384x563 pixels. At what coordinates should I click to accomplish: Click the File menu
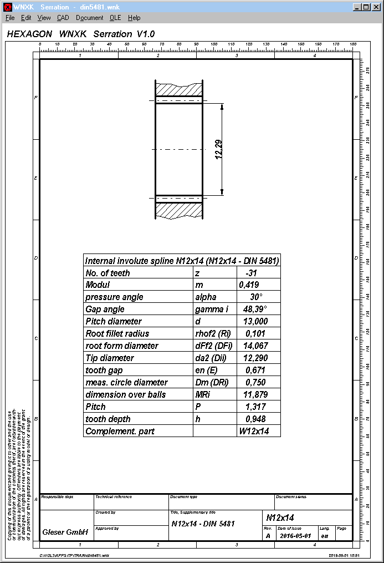(10, 18)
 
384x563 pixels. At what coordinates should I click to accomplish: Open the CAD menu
(63, 18)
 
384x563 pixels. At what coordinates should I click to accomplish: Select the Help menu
(134, 18)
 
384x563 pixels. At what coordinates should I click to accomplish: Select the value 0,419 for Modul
(249, 285)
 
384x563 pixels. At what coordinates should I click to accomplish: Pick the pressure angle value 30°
(256, 297)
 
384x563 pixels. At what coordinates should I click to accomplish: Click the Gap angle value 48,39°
(255, 310)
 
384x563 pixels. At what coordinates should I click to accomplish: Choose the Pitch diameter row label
(114, 322)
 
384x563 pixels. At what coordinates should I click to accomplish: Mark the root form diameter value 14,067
(255, 346)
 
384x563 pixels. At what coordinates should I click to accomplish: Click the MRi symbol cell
(204, 395)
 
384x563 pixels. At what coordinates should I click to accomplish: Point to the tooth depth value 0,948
(255, 419)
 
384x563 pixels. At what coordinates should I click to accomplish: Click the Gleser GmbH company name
(65, 532)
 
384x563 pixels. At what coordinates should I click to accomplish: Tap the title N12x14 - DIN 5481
(203, 524)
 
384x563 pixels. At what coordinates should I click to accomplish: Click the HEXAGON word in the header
(29, 34)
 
